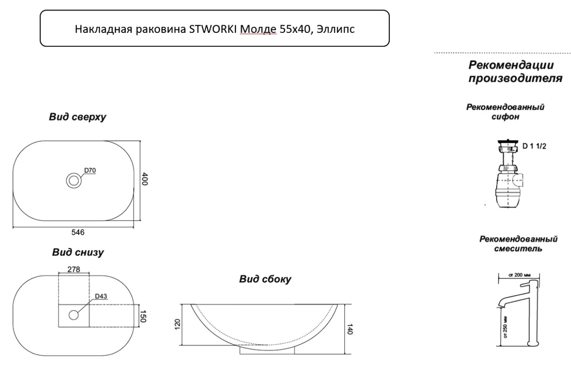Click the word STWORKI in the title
point(213,29)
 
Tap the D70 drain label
point(90,170)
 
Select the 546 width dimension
point(78,232)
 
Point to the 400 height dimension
point(145,179)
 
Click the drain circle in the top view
point(74,181)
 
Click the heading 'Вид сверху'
point(77,117)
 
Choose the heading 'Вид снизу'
point(78,253)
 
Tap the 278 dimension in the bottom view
point(74,269)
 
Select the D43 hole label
point(101,296)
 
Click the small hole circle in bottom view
point(74,315)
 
